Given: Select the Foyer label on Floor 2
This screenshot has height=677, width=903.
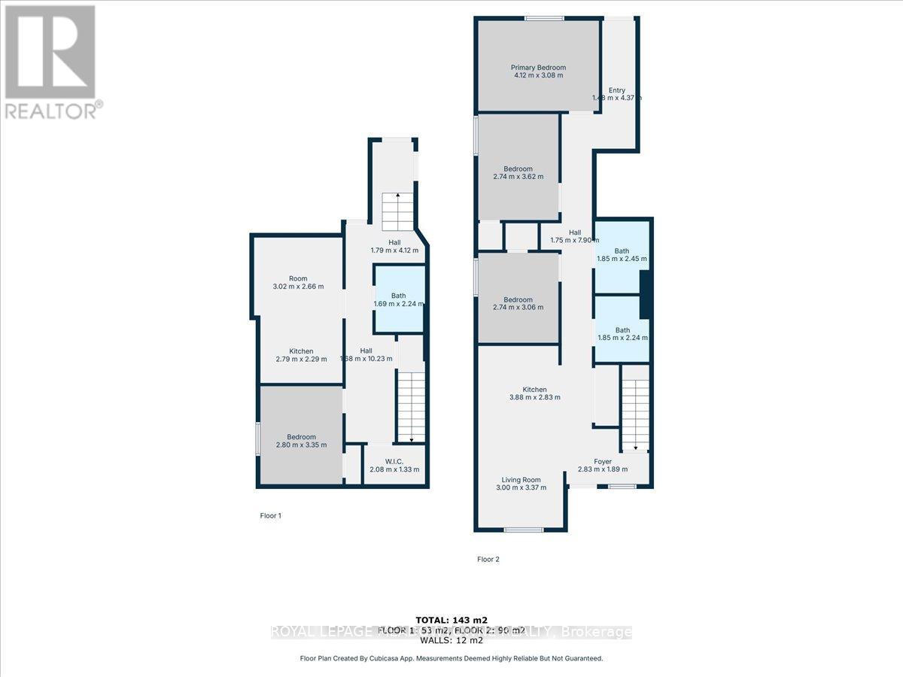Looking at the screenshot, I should tap(602, 461).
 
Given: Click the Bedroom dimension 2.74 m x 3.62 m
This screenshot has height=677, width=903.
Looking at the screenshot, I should tap(518, 177).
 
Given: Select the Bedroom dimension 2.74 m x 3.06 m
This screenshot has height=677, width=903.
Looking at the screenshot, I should tap(518, 307).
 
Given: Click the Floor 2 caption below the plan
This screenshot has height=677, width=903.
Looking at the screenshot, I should tap(488, 559).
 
